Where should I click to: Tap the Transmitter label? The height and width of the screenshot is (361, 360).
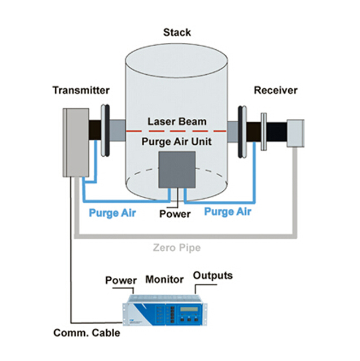pyautogui.click(x=81, y=91)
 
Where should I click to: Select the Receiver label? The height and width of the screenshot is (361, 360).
pyautogui.click(x=275, y=91)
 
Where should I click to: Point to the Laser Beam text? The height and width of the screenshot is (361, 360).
pyautogui.click(x=177, y=121)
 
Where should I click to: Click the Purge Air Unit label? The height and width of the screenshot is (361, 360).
pyautogui.click(x=177, y=141)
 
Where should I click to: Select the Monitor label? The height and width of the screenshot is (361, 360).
pyautogui.click(x=164, y=279)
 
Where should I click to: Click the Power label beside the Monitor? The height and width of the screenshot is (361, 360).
pyautogui.click(x=121, y=280)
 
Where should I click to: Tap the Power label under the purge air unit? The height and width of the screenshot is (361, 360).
pyautogui.click(x=175, y=214)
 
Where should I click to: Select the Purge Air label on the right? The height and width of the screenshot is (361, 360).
pyautogui.click(x=227, y=212)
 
